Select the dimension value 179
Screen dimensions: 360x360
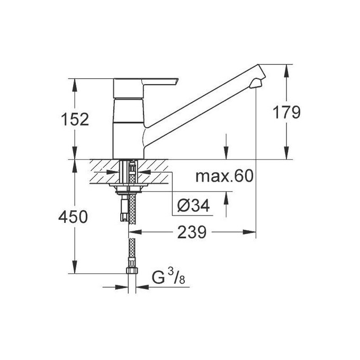286,112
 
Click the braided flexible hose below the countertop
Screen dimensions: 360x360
132,249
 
